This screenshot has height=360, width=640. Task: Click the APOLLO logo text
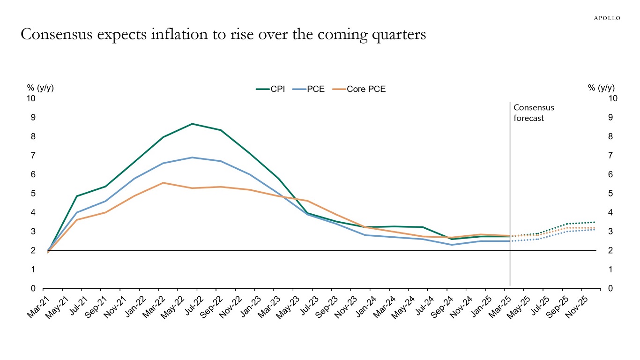607,18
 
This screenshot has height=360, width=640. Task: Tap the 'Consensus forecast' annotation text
534,113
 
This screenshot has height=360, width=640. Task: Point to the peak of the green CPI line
192,124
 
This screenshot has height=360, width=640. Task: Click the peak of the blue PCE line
192,157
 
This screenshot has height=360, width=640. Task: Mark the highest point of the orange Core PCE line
163,183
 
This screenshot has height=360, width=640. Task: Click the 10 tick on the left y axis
31,98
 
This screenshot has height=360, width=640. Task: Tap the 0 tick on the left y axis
33,289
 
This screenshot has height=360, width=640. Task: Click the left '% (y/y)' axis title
40,88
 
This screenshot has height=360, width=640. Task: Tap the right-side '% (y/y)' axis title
601,88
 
